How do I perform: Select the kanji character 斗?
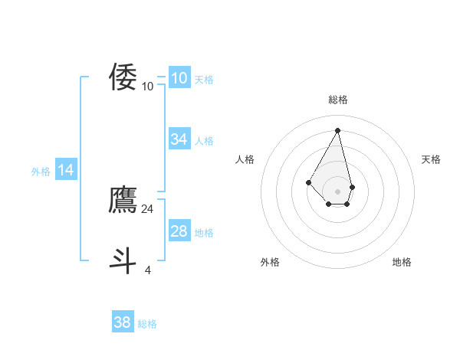[123, 260]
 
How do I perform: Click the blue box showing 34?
[179, 139]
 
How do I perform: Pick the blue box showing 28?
[179, 231]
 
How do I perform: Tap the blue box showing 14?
[66, 171]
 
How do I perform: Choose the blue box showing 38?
[123, 322]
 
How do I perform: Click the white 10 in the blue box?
[179, 78]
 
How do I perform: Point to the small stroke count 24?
[148, 208]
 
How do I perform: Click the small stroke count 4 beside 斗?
[148, 270]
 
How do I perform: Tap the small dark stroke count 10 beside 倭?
[148, 86]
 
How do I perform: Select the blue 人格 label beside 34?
[204, 141]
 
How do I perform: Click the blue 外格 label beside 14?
[41, 172]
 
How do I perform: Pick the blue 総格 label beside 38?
[147, 324]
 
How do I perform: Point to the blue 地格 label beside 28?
[204, 233]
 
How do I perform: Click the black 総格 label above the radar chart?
[338, 100]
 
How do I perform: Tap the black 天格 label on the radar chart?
[431, 159]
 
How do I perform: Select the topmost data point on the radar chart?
[338, 130]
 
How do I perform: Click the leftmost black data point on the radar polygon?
[309, 182]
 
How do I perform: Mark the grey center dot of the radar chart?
[338, 191]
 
